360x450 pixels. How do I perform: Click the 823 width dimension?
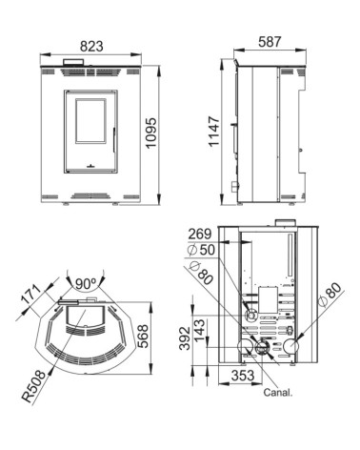pyautogui.click(x=91, y=46)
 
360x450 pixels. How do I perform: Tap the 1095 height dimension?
pyautogui.click(x=151, y=133)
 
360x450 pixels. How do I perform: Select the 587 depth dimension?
pyautogui.click(x=270, y=42)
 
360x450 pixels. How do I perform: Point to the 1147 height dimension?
pyautogui.click(x=214, y=132)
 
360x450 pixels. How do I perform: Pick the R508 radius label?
pyautogui.click(x=34, y=386)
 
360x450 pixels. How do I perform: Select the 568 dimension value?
pyautogui.click(x=142, y=337)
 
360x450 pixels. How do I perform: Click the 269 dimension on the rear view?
pyautogui.click(x=200, y=235)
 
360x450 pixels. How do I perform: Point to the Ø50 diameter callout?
pyautogui.click(x=201, y=250)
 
